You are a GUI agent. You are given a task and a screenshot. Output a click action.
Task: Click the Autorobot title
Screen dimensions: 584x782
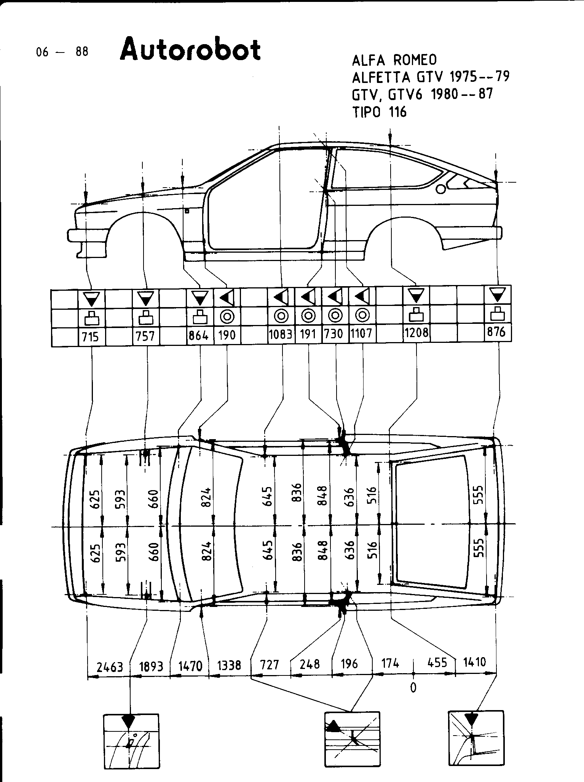(190, 49)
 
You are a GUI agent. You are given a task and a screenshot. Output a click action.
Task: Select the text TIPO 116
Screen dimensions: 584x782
(380, 112)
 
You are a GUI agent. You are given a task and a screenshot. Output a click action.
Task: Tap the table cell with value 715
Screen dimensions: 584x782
(91, 337)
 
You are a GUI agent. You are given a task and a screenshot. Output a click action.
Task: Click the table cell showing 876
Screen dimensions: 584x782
(497, 332)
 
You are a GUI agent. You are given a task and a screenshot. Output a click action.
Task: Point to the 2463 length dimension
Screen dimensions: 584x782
(110, 666)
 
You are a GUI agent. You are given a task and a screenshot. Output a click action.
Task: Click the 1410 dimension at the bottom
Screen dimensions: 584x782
(475, 663)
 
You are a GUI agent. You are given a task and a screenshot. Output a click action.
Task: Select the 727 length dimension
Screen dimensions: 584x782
(270, 665)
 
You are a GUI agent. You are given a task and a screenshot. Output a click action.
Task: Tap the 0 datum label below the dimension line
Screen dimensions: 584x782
(413, 687)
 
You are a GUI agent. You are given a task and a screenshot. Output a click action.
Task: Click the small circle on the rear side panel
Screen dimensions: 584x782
(440, 189)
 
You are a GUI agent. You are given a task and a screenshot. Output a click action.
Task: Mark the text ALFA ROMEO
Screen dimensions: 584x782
(394, 60)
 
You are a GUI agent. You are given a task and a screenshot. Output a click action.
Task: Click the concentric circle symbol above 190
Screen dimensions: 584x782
(227, 315)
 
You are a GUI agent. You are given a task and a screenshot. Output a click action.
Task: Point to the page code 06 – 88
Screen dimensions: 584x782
(62, 52)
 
